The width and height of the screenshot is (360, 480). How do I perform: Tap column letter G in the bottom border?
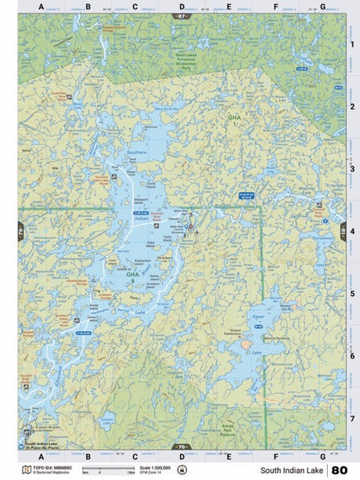coord(322,455)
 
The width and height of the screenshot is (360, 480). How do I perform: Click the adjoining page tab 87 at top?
coord(182,16)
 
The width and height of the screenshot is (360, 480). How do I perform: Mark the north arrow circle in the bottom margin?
coord(182,470)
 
